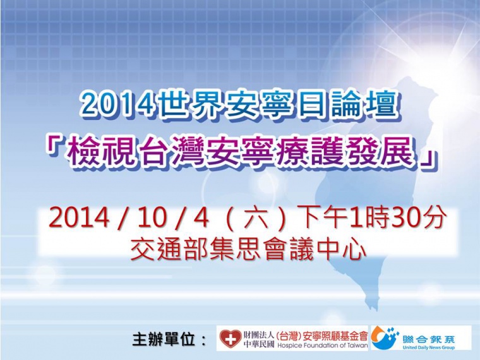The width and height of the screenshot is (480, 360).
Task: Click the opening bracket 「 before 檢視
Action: [55, 144]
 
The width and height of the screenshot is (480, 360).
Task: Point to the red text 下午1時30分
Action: [373, 218]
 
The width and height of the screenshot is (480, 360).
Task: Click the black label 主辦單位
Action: [164, 340]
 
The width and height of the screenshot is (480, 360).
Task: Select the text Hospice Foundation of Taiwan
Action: [323, 345]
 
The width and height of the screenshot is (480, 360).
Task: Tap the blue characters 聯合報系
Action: [429, 339]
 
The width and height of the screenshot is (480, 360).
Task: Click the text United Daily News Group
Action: [429, 347]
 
